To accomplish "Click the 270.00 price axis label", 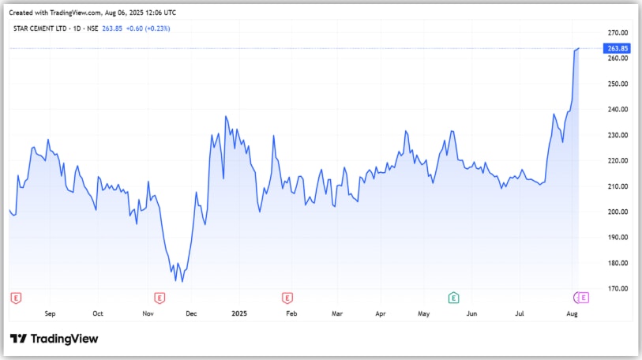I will [x=618, y=32].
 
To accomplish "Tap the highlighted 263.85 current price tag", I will [x=618, y=49].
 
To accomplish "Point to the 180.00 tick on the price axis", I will [x=618, y=263].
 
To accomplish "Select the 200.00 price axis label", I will [x=618, y=212].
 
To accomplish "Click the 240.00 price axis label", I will [x=618, y=109].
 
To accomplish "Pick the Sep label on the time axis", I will [x=50, y=314].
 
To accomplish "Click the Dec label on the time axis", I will [x=191, y=314].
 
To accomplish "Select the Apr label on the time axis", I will [x=381, y=314].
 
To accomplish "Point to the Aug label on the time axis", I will [x=572, y=314].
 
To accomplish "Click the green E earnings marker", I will [x=453, y=298].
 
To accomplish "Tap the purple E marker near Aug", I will [x=584, y=298].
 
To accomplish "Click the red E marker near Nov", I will [x=160, y=298].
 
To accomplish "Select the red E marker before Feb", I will [x=287, y=298].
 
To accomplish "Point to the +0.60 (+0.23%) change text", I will [x=148, y=28].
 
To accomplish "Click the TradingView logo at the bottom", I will [x=54, y=339].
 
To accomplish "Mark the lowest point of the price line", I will [x=182, y=281].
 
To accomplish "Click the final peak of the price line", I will [x=579, y=48].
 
